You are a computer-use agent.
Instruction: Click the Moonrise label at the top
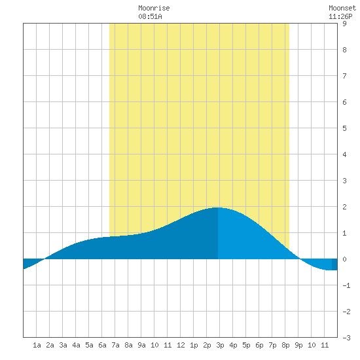[154, 9]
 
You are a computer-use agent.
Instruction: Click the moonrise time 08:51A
[150, 16]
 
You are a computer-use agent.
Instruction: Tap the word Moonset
[342, 9]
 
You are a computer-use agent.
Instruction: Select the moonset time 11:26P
[340, 16]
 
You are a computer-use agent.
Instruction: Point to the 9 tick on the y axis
[344, 24]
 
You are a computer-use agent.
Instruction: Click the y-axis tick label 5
[344, 128]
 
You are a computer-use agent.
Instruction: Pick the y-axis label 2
[344, 207]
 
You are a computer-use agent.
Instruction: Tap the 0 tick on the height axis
[344, 259]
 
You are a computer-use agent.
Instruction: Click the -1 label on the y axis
[346, 285]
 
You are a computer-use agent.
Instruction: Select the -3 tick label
[346, 338]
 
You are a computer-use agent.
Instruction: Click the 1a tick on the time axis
[37, 345]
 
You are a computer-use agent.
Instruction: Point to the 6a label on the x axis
[102, 345]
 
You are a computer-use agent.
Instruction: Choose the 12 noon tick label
[181, 345]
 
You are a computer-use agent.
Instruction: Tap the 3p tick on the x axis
[220, 345]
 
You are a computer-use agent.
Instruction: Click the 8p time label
[285, 345]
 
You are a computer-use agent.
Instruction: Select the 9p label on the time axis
[298, 345]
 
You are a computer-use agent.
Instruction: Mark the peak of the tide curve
[217, 207]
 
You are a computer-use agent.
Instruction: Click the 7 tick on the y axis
[344, 76]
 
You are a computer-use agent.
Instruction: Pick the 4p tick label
[233, 345]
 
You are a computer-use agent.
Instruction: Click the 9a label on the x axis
[141, 345]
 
